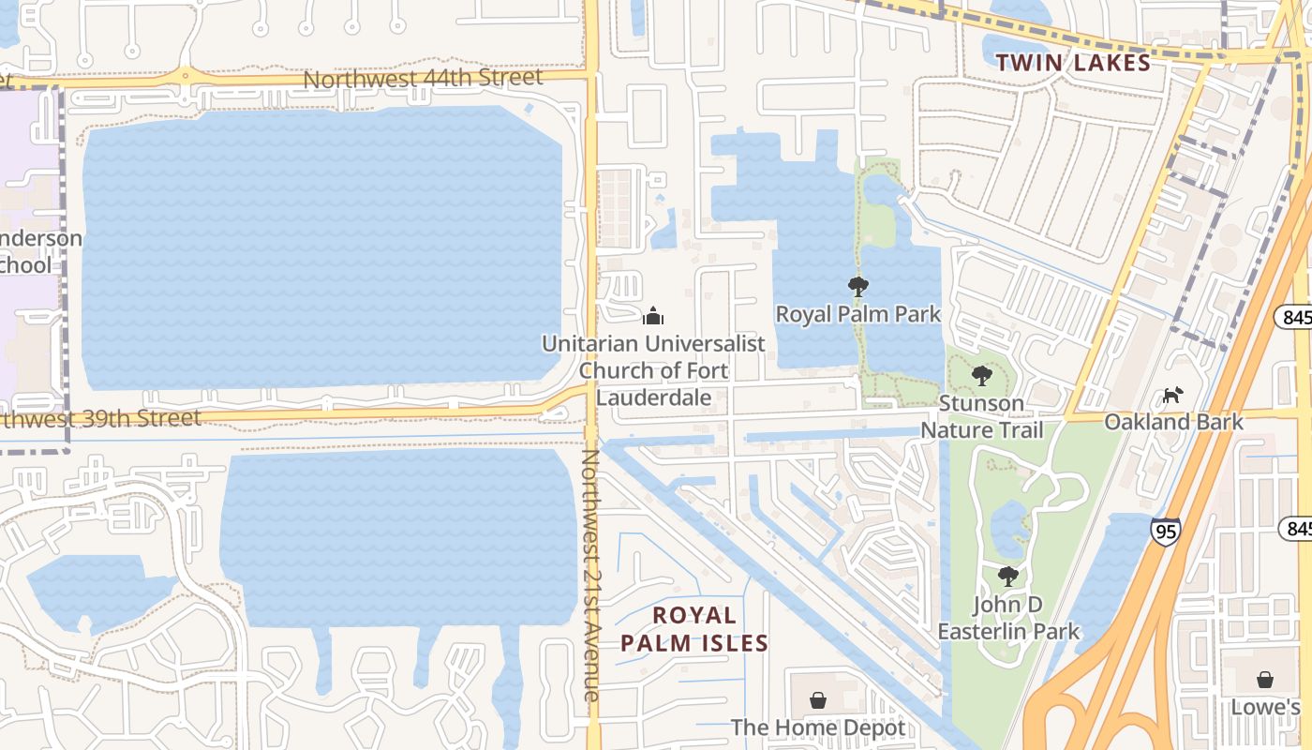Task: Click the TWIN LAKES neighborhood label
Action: [x=1072, y=63]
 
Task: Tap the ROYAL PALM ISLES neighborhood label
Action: [x=694, y=629]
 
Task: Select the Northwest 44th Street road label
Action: [x=423, y=79]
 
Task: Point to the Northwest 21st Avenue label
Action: [x=590, y=575]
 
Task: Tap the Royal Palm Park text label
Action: [x=857, y=314]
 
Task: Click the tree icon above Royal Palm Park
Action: [x=857, y=287]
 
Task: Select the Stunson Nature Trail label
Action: [x=981, y=416]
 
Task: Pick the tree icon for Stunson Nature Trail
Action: [x=981, y=376]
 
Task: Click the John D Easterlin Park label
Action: [x=1008, y=618]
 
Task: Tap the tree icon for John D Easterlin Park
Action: [x=1008, y=576]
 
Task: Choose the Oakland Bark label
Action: [x=1173, y=422]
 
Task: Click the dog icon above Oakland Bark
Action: [x=1172, y=395]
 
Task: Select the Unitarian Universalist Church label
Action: [x=653, y=370]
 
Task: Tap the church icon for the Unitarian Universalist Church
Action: [x=653, y=316]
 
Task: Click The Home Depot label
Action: [x=818, y=727]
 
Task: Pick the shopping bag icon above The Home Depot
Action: [x=818, y=700]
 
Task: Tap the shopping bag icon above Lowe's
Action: [x=1265, y=680]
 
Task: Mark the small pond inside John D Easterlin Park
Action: [x=1009, y=528]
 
